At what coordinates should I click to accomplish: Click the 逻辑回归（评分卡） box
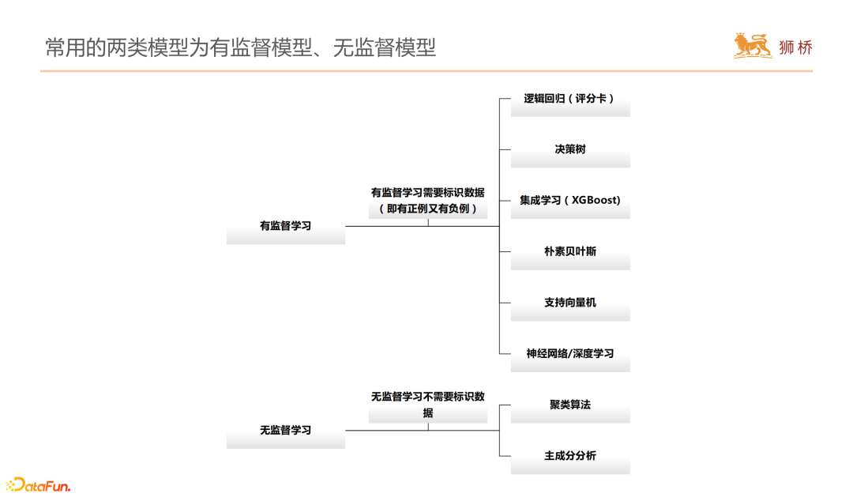click(x=569, y=100)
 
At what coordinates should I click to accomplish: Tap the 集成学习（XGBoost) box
click(x=569, y=202)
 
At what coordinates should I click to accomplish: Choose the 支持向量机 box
click(x=569, y=303)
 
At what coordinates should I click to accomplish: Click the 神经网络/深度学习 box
click(x=569, y=355)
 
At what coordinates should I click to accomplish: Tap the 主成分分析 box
click(x=569, y=457)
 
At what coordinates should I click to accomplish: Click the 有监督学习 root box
click(x=285, y=227)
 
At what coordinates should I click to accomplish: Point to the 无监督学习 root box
click(x=285, y=431)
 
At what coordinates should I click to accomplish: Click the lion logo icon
click(x=752, y=46)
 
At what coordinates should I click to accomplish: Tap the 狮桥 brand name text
click(x=795, y=47)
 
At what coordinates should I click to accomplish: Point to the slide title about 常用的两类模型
click(x=240, y=47)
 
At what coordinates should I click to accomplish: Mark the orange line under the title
click(x=426, y=71)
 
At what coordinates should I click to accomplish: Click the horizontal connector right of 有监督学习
click(x=387, y=227)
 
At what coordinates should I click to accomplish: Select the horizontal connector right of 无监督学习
click(x=387, y=431)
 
